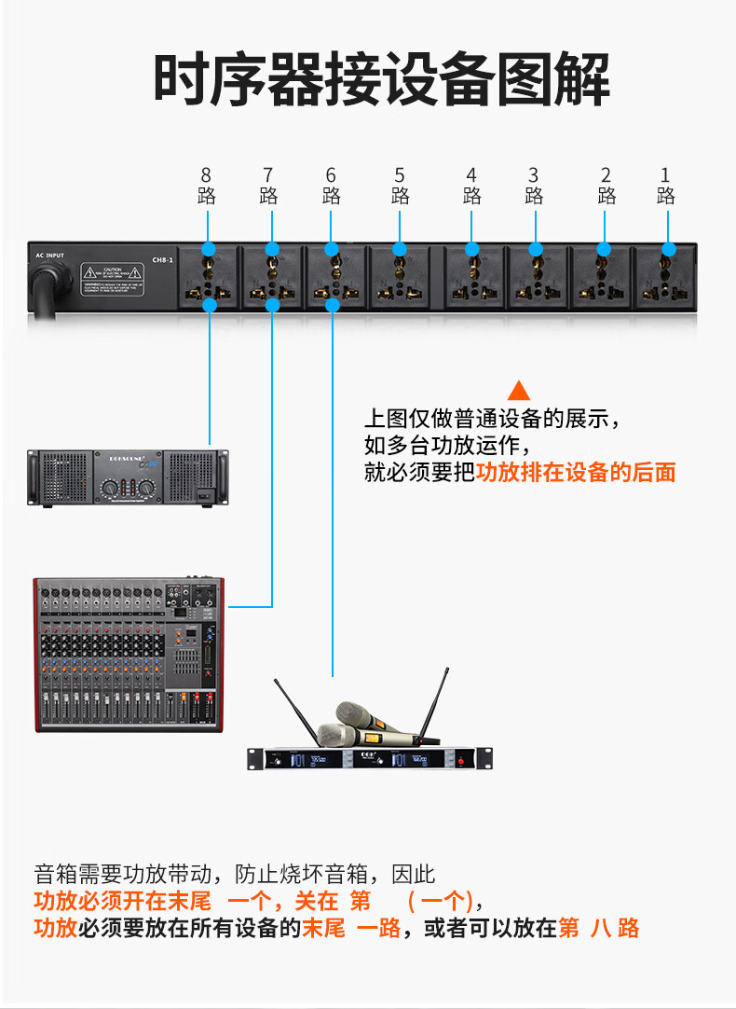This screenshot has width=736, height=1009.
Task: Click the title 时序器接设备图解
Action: (x=381, y=80)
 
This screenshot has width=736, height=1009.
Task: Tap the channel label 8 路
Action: (x=207, y=186)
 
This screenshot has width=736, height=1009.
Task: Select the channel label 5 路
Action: (x=400, y=186)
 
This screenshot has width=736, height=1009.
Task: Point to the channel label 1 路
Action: (x=665, y=186)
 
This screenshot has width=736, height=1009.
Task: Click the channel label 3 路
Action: (x=533, y=186)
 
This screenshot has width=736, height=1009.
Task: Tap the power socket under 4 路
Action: (x=472, y=278)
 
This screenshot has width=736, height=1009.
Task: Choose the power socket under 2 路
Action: (x=605, y=278)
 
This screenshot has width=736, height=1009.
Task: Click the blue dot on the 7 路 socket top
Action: (x=272, y=249)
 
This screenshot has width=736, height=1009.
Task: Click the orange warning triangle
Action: (x=519, y=391)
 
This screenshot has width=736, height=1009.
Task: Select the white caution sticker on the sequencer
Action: (x=112, y=276)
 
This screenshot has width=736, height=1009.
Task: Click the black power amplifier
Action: (x=127, y=477)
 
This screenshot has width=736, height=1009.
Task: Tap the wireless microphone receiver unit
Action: (x=370, y=759)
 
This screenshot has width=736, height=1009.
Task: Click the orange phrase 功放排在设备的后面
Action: (x=576, y=473)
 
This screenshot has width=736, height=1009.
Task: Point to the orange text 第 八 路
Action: (x=598, y=928)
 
